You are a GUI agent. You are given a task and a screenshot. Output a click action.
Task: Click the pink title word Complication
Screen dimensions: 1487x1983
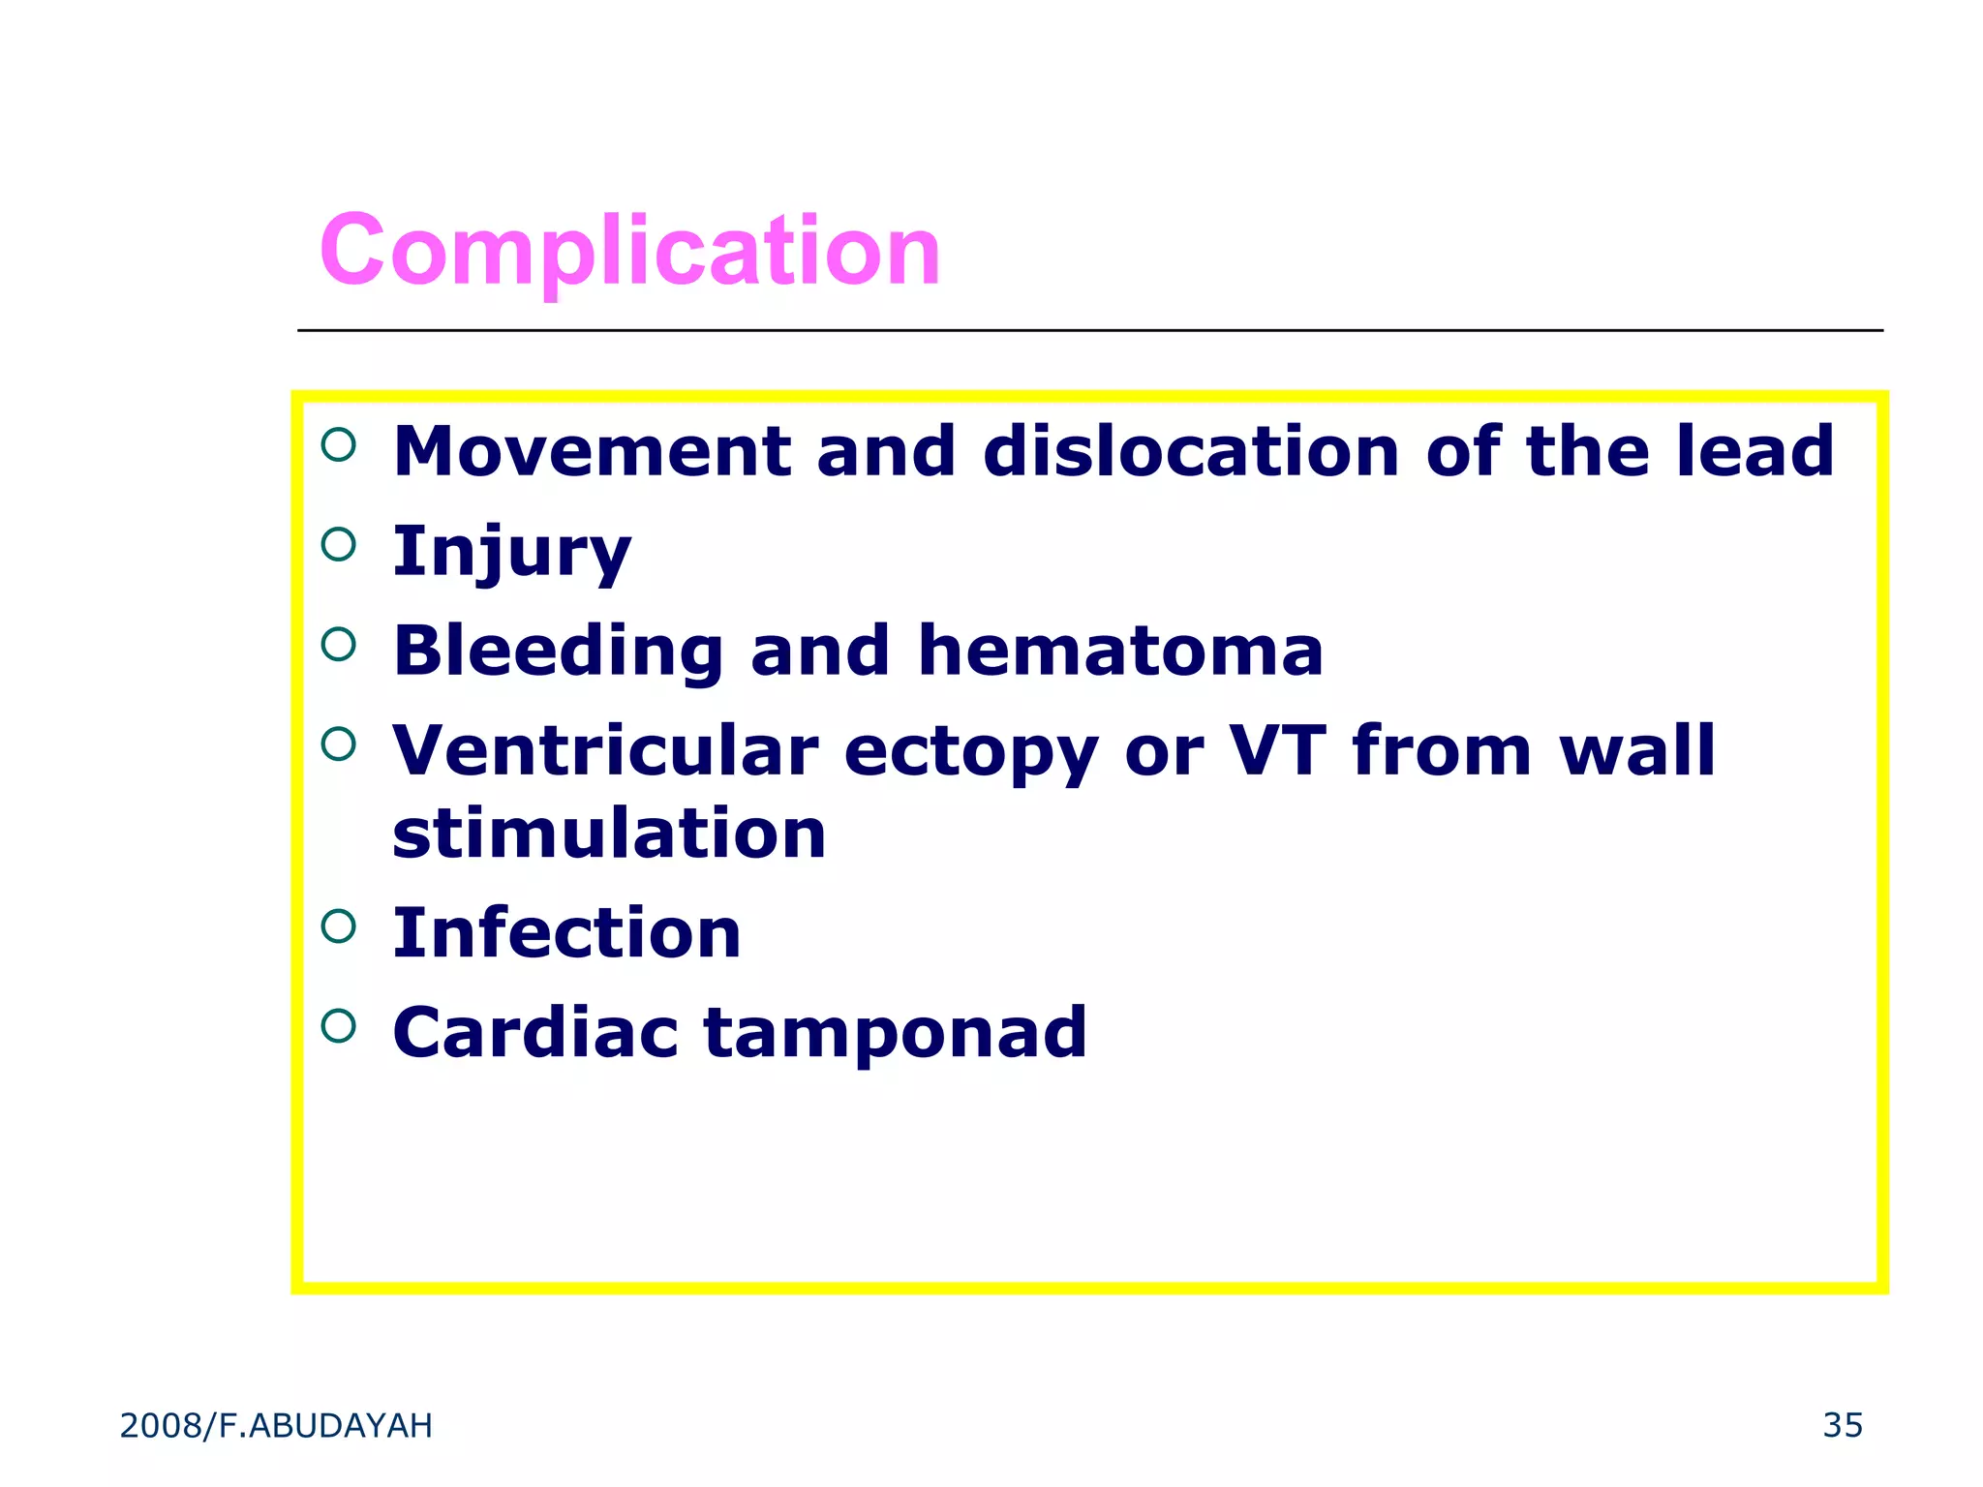(629, 252)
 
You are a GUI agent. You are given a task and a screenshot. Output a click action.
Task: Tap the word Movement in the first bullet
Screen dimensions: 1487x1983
(593, 452)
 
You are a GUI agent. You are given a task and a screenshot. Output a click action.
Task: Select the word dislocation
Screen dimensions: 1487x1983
(1191, 452)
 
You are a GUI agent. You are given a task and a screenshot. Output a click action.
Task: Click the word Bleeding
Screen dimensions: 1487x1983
(559, 652)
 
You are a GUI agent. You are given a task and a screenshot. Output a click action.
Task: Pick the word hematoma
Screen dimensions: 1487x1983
(1120, 652)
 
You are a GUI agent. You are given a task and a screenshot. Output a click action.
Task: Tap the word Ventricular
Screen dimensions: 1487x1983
(605, 751)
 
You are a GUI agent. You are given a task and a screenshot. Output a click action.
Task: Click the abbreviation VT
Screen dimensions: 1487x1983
(1277, 751)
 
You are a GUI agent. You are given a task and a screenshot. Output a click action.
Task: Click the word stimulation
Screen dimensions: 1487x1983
(609, 835)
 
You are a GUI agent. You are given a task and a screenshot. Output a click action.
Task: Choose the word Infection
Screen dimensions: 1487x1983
(566, 934)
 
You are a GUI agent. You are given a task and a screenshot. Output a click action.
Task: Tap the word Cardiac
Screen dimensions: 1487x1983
(535, 1033)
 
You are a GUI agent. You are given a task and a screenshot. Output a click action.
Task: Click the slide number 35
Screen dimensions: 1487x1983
(1842, 1426)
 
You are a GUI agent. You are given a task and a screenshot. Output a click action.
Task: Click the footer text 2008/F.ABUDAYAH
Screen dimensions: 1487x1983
(276, 1426)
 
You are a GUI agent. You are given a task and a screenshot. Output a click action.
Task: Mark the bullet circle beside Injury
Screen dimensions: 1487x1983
(338, 544)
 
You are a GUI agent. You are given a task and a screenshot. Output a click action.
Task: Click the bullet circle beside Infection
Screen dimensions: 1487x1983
(338, 926)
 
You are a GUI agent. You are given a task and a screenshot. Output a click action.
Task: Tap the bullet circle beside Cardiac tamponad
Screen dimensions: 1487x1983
(338, 1025)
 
